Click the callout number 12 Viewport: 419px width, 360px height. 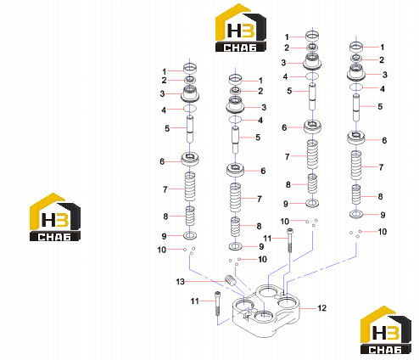tap(322, 308)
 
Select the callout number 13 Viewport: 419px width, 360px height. tap(180, 282)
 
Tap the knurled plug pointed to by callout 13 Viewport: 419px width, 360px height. tap(231, 280)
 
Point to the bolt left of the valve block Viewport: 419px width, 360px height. tap(217, 303)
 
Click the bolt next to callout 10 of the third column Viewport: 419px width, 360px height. tap(290, 240)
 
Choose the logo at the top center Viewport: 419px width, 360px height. tap(241, 28)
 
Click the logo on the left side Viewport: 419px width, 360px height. tap(55, 217)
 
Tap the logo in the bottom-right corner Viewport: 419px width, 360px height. tap(386, 330)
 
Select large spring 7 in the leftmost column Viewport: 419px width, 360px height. tap(190, 186)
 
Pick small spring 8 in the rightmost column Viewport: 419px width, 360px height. tap(356, 194)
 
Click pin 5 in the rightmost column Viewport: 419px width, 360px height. tap(356, 107)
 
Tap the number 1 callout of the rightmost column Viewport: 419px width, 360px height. tap(383, 47)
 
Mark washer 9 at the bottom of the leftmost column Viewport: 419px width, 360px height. tap(190, 235)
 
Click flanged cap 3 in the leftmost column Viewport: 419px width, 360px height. tap(190, 93)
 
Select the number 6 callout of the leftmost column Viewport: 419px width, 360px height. tap(162, 161)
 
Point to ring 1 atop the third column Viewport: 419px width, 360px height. tap(312, 36)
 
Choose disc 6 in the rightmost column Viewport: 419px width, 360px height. tap(356, 138)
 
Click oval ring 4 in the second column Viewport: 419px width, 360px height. tap(235, 119)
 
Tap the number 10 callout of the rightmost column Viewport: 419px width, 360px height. tap(383, 232)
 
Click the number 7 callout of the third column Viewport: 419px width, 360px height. tap(288, 156)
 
